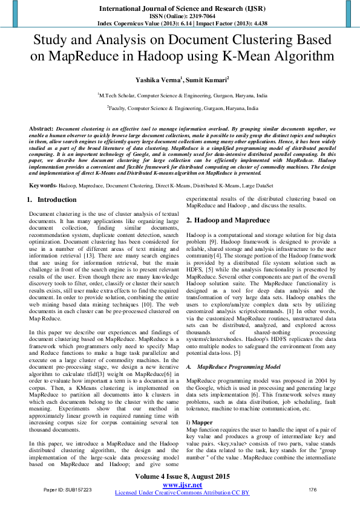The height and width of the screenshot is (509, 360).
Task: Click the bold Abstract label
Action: (x=41, y=129)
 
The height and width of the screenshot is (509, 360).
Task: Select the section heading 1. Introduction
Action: (x=52, y=183)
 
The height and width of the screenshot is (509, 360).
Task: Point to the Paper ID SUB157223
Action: (x=67, y=488)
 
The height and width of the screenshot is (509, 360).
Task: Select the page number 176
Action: (x=313, y=488)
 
